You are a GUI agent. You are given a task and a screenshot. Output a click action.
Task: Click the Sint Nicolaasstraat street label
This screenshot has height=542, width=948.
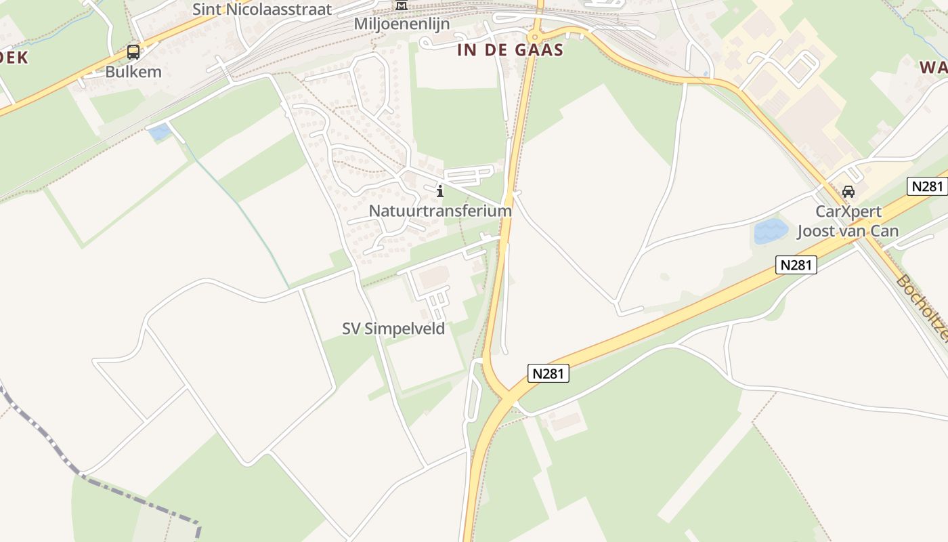pyautogui.click(x=262, y=9)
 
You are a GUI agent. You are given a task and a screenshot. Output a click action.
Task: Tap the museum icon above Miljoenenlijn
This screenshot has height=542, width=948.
pyautogui.click(x=402, y=6)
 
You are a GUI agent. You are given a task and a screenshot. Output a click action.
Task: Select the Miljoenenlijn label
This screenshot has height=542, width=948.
pyautogui.click(x=401, y=24)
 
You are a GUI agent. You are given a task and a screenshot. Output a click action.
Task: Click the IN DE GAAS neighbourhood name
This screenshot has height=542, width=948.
pyautogui.click(x=510, y=49)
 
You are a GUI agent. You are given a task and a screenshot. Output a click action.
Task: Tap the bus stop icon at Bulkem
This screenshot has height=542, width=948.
pyautogui.click(x=133, y=52)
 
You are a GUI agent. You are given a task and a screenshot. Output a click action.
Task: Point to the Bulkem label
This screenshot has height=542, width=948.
pyautogui.click(x=133, y=71)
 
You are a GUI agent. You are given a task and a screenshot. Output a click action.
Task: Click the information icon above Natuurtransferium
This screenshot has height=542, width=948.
pyautogui.click(x=440, y=191)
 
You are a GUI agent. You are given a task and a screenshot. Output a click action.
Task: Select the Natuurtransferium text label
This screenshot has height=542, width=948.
pyautogui.click(x=440, y=211)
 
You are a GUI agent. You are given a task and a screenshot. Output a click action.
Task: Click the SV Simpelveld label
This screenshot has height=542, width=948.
pyautogui.click(x=393, y=329)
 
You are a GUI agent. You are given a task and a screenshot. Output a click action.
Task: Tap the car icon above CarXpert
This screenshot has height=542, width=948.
pyautogui.click(x=848, y=192)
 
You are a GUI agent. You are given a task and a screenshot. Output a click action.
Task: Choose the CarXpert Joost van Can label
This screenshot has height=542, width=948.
pyautogui.click(x=848, y=221)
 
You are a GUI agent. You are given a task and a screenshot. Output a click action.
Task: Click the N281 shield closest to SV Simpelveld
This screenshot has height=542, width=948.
pyautogui.click(x=548, y=373)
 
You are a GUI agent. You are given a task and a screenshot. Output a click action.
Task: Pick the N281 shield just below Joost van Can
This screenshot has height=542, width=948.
pyautogui.click(x=796, y=264)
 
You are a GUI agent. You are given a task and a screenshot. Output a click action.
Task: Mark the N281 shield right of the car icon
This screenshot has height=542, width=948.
pyautogui.click(x=926, y=186)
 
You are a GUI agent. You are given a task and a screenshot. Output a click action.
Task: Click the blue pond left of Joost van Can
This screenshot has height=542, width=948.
pyautogui.click(x=771, y=231)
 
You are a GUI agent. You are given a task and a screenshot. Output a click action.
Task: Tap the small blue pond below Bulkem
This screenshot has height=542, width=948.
pyautogui.click(x=160, y=132)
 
